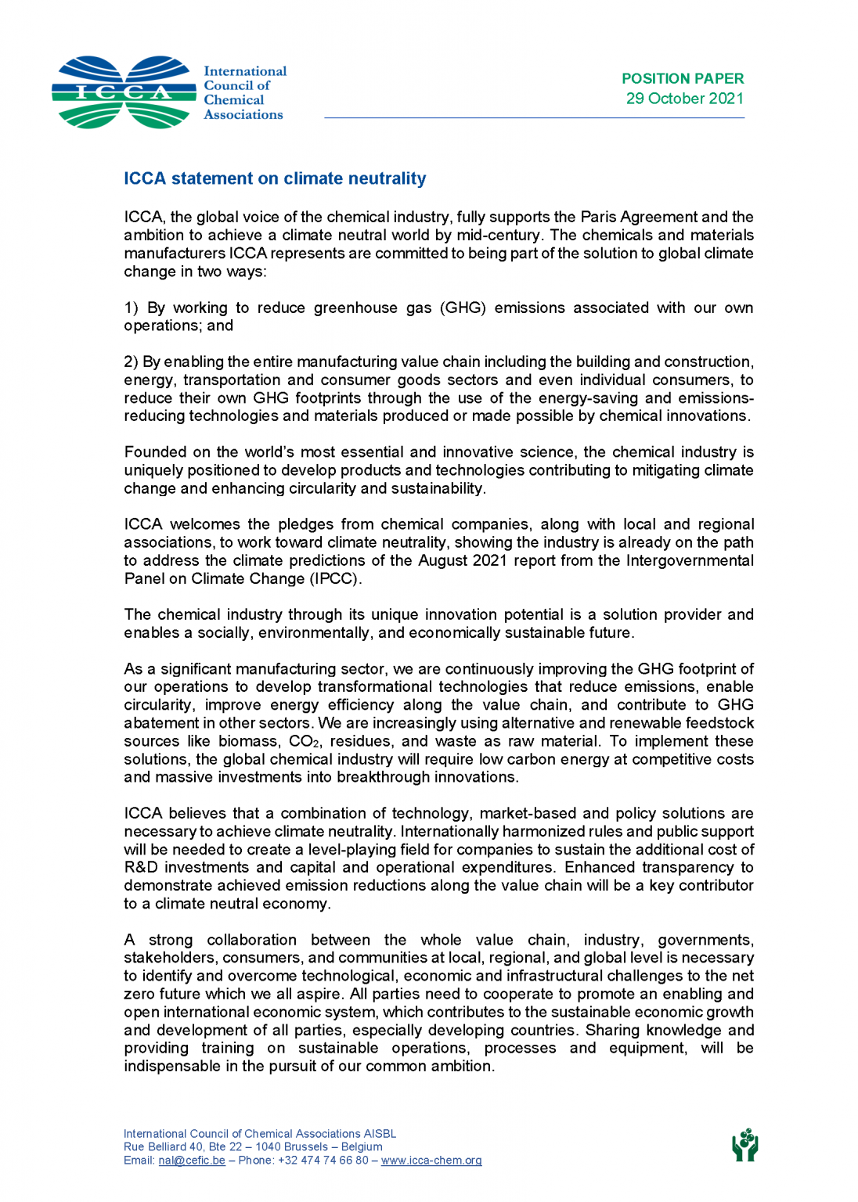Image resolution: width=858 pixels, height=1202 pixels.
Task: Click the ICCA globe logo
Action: point(124,92)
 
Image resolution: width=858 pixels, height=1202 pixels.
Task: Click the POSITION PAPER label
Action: point(682,78)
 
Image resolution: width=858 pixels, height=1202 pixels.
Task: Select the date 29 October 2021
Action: point(684,99)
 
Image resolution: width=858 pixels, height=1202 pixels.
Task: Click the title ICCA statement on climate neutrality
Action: point(275,178)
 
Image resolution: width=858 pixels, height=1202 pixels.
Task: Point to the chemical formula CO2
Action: point(304,741)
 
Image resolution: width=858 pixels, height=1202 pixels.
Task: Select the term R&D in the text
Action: point(141,867)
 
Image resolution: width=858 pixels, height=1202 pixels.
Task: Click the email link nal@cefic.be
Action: point(192,1161)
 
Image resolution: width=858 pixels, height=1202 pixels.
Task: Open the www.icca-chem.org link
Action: point(431,1161)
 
